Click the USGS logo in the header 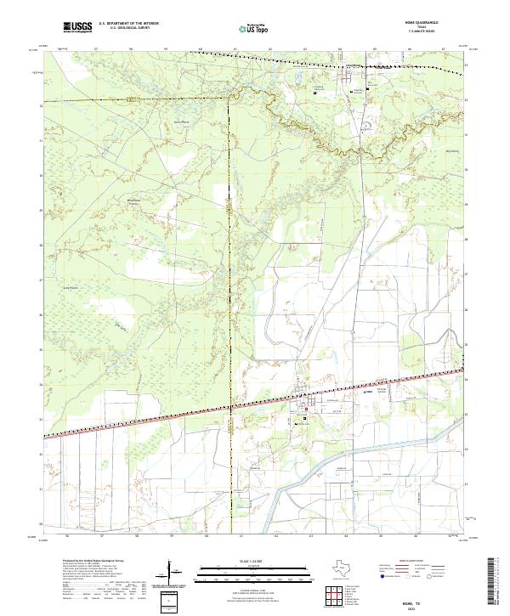(76, 27)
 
